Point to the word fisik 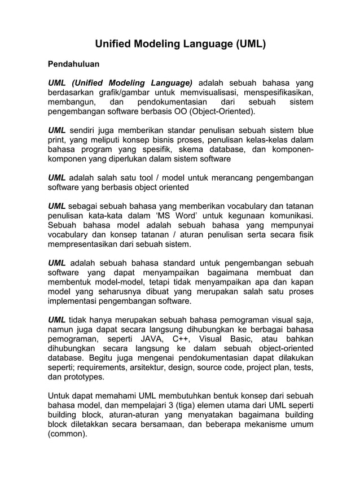pos(304,235)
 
